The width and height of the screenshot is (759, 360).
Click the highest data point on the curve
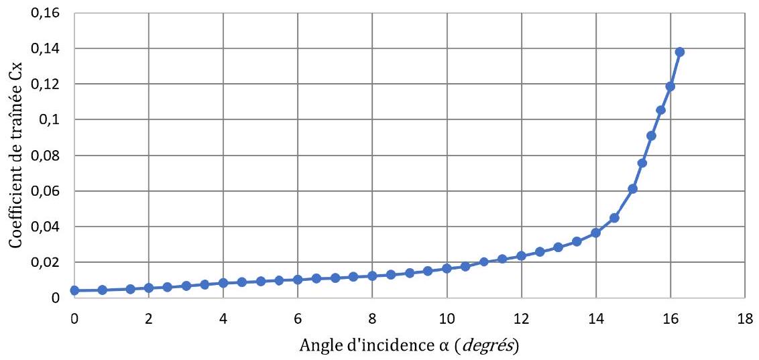[x=680, y=52]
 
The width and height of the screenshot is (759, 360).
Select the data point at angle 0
[x=74, y=290]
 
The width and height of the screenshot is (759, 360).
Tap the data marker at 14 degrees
[x=596, y=233]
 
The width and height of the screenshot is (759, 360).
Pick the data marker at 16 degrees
[x=670, y=86]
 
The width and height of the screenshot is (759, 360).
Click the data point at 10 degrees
[x=447, y=268]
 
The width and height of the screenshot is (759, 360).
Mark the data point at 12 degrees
[x=522, y=255]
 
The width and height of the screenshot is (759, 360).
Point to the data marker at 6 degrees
[x=298, y=279]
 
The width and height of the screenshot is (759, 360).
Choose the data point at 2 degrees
[x=149, y=288]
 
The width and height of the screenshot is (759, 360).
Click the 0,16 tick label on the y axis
[x=46, y=13]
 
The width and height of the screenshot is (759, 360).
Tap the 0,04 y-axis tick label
[x=46, y=227]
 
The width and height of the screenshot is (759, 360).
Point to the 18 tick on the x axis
[x=745, y=319]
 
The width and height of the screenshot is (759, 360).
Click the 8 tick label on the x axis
[x=372, y=319]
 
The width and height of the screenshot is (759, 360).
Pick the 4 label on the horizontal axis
[x=223, y=319]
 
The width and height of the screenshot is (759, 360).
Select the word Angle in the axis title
[x=316, y=346]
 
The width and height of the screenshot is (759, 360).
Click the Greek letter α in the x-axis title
[x=455, y=346]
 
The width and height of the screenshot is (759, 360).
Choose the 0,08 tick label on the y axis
[x=46, y=156]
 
